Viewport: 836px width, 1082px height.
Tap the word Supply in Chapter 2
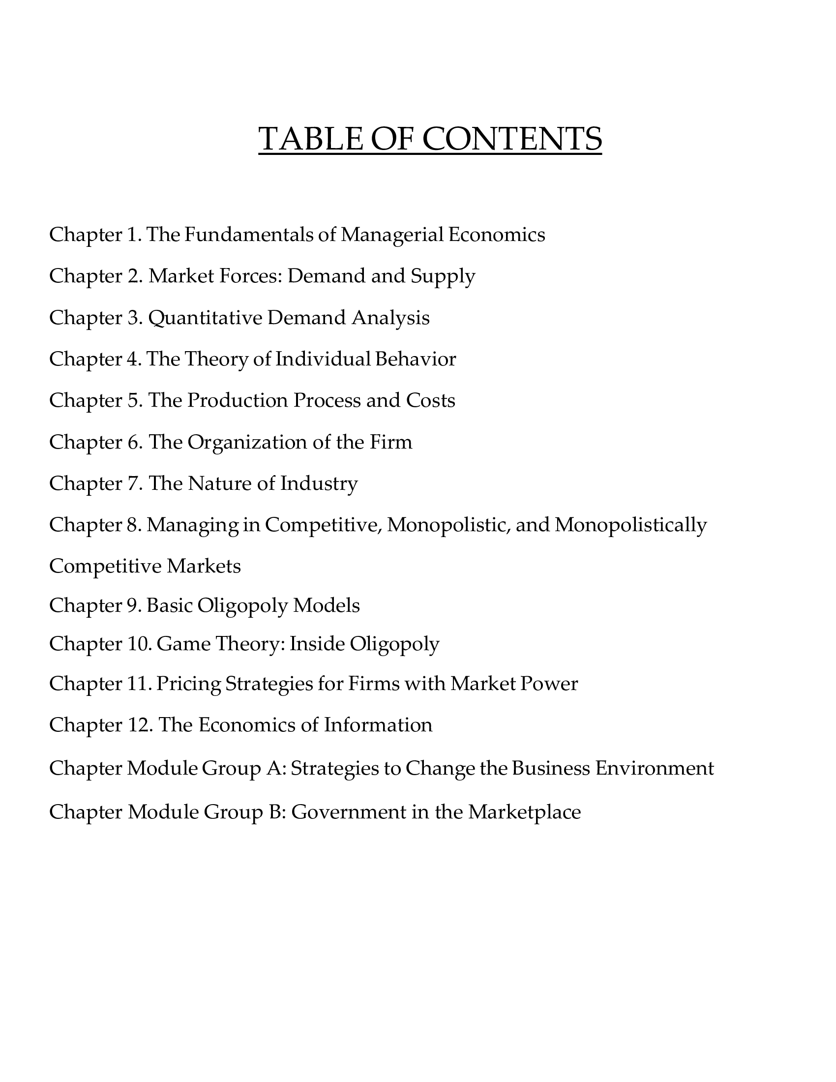[x=443, y=276]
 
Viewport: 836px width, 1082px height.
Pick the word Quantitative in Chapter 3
[x=205, y=318]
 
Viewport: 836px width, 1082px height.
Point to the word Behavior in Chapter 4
[x=415, y=359]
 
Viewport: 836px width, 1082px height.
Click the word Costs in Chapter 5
[x=430, y=400]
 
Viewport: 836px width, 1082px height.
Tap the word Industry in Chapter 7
[x=319, y=483]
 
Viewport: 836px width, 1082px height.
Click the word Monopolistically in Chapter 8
[x=630, y=525]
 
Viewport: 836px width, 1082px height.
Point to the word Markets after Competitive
[x=204, y=566]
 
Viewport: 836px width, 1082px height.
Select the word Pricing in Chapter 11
[x=188, y=684]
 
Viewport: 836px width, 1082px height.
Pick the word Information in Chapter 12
[x=378, y=725]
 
